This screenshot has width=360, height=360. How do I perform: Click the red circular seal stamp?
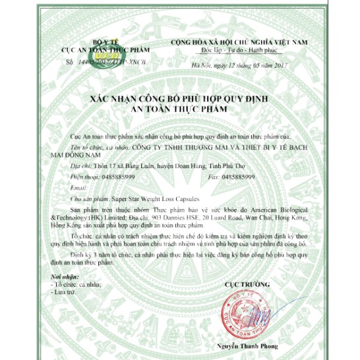point(254,309)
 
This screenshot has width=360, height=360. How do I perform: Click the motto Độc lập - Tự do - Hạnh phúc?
point(238,49)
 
